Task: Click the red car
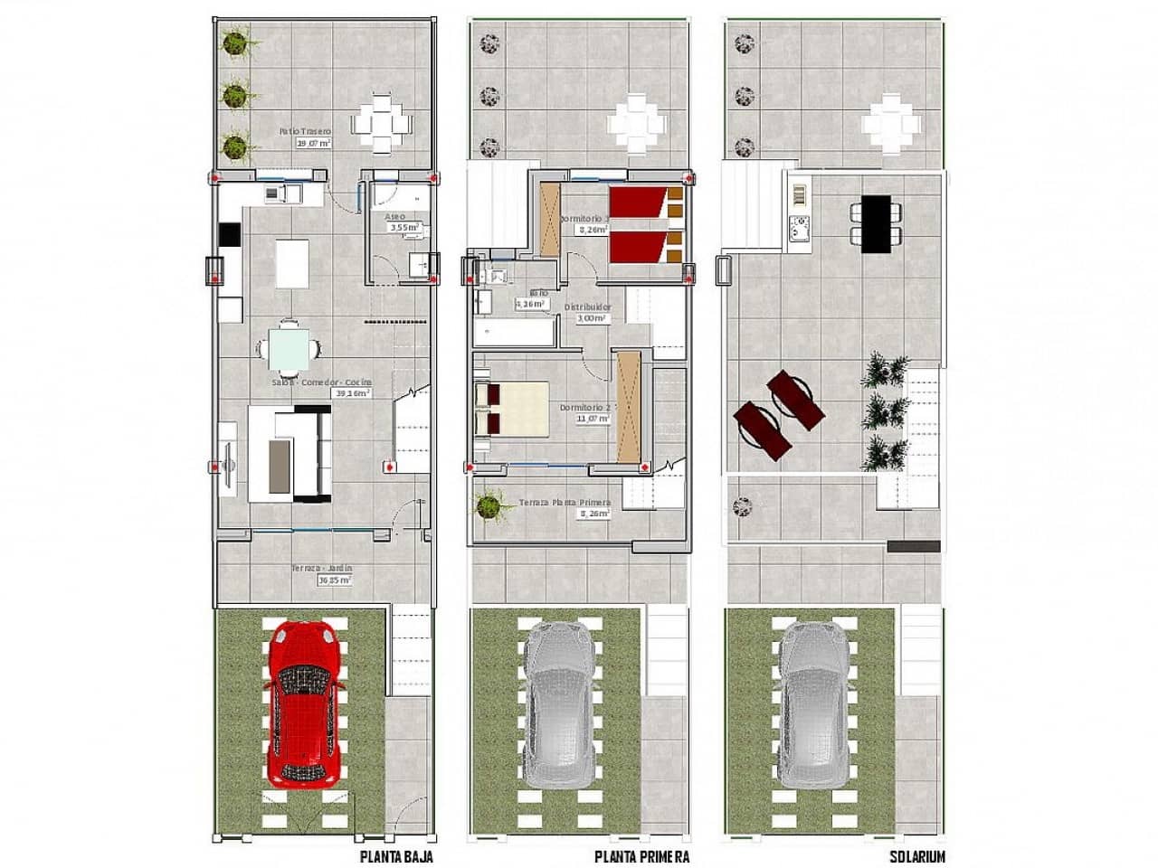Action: coord(305,702)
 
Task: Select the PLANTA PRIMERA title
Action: coord(642,856)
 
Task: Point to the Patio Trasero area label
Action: coord(305,131)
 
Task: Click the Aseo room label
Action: coord(394,217)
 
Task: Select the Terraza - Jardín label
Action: coord(321,569)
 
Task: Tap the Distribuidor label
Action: coord(587,307)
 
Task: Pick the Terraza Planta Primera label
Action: coord(565,503)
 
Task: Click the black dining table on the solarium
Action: coord(876,223)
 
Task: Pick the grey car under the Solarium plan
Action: coord(815,702)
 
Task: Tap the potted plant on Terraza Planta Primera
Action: coord(489,505)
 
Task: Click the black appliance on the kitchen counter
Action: coord(229,234)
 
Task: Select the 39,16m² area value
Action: coord(354,394)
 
